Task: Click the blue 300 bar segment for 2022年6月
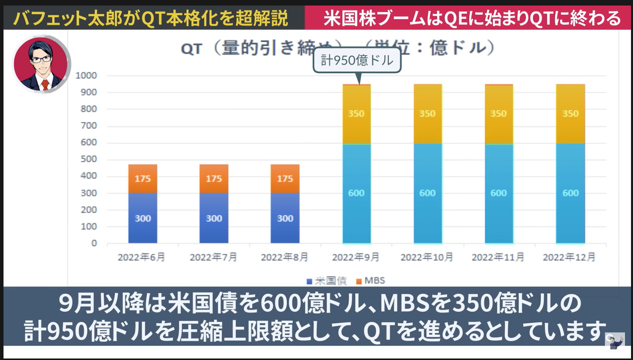coord(142,218)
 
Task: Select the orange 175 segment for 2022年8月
coord(285,179)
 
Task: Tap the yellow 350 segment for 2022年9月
coord(356,114)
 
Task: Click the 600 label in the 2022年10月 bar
coord(427,193)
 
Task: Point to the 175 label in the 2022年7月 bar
coord(214,179)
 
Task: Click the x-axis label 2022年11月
coord(498,257)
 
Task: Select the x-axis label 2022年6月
coord(141,257)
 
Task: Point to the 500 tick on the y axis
coord(88,159)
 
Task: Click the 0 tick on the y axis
coord(94,243)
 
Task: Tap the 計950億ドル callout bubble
coord(357,60)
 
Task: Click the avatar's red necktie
coord(45,84)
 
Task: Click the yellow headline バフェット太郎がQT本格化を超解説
coord(151,19)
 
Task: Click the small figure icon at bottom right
coord(615,341)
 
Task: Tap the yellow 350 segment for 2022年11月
coord(498,114)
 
